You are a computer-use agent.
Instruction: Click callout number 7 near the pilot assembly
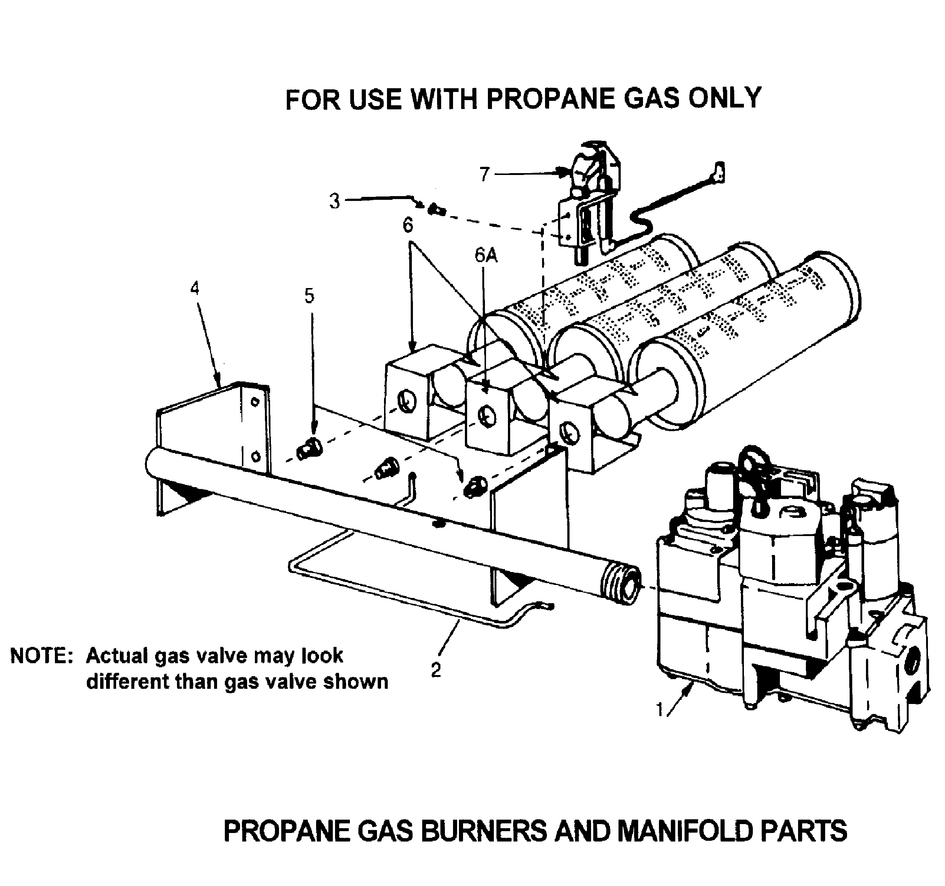484,175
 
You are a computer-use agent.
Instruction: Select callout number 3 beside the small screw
335,201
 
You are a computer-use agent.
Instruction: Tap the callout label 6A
486,256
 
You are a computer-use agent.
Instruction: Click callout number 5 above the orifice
309,296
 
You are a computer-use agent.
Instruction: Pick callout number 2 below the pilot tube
436,670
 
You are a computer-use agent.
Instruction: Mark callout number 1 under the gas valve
659,710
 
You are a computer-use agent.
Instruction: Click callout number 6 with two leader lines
408,225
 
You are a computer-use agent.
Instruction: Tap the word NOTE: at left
41,656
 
